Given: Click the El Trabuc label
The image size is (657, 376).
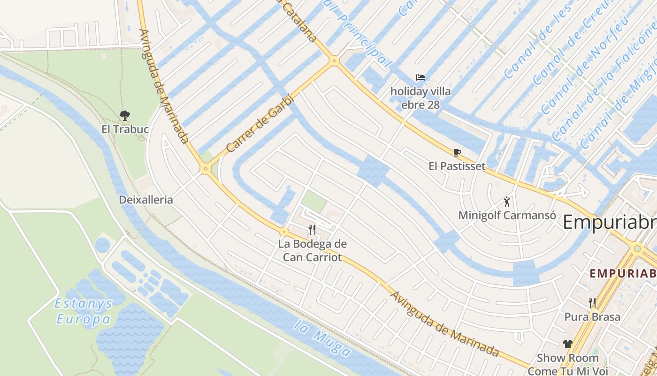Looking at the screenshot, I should pyautogui.click(x=125, y=129).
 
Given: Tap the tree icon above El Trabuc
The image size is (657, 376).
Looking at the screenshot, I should pyautogui.click(x=125, y=115).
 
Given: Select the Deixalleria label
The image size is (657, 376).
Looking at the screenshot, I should pyautogui.click(x=146, y=200).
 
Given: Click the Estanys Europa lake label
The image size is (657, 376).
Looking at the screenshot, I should pyautogui.click(x=84, y=312).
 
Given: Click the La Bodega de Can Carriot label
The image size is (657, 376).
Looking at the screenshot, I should pyautogui.click(x=313, y=251).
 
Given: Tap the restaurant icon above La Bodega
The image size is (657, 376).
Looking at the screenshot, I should pyautogui.click(x=312, y=229).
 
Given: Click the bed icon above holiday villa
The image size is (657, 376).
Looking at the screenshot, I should pyautogui.click(x=420, y=78).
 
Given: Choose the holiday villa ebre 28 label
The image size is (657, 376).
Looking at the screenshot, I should pyautogui.click(x=420, y=98).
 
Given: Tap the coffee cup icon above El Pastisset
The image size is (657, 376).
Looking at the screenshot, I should pyautogui.click(x=457, y=152).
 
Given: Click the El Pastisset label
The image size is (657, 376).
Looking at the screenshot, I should pyautogui.click(x=457, y=166).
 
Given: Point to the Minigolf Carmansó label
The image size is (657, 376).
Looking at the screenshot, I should pyautogui.click(x=507, y=215).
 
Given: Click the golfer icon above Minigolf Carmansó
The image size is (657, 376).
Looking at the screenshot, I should pyautogui.click(x=507, y=202).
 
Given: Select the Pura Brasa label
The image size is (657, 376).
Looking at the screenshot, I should pyautogui.click(x=592, y=317).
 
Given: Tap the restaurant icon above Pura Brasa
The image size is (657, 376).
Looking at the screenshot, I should pyautogui.click(x=592, y=303).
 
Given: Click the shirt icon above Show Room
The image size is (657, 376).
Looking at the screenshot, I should pyautogui.click(x=568, y=344).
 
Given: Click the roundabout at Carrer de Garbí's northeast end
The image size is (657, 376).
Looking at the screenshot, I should pyautogui.click(x=334, y=61).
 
